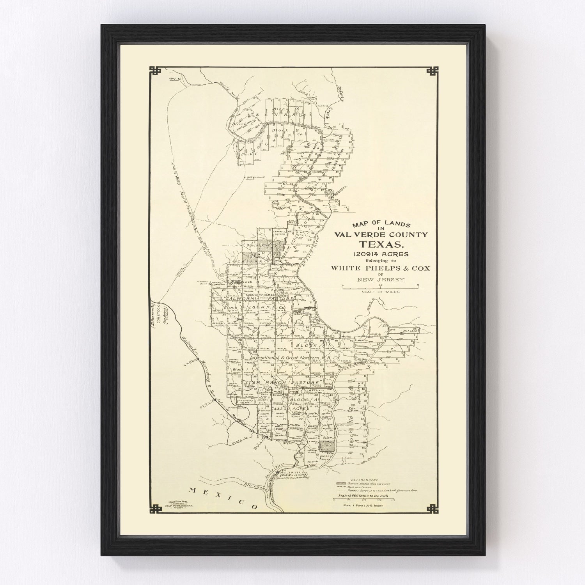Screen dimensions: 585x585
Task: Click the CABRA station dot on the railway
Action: (x=198, y=358)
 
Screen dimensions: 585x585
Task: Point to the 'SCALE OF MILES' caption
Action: (x=380, y=292)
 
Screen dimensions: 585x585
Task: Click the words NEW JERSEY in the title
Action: (x=380, y=279)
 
